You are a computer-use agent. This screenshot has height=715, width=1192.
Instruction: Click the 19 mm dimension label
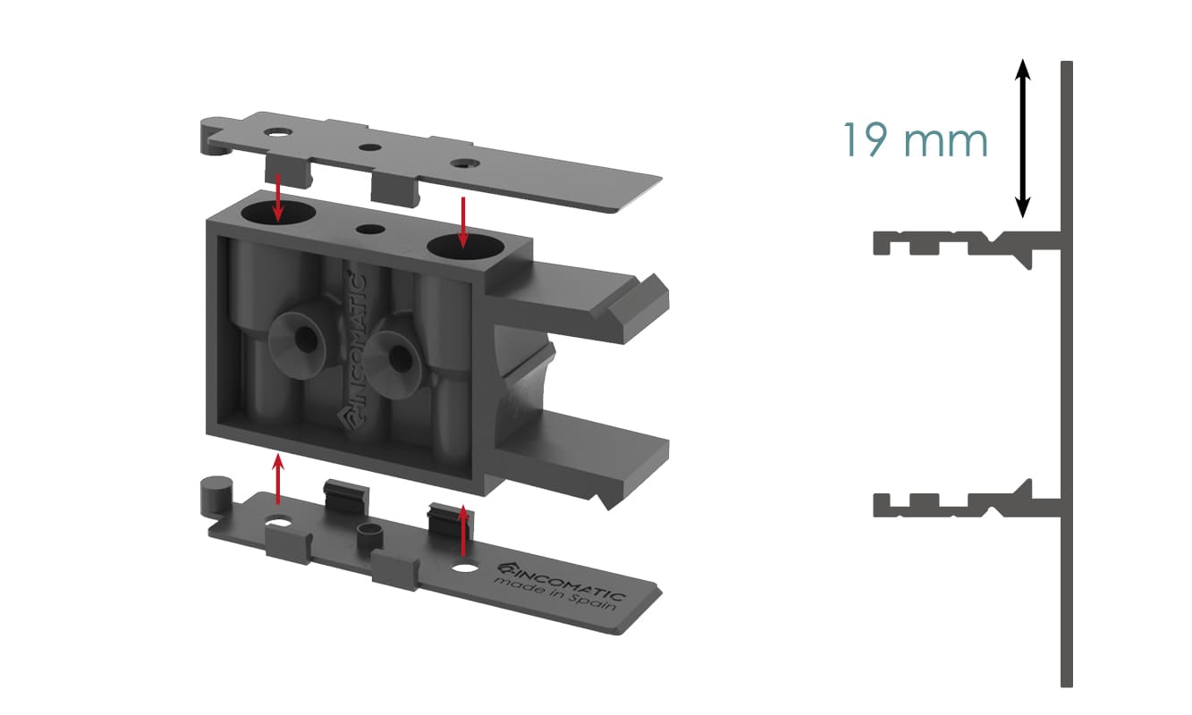coord(916,139)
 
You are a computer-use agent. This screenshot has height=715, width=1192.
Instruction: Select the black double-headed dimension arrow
coord(1022,139)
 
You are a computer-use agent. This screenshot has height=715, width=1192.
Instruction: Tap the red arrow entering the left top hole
coord(277,197)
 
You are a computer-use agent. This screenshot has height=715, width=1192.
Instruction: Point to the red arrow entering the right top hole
coord(463,223)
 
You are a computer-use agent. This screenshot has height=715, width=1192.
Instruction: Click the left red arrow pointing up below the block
coord(277,479)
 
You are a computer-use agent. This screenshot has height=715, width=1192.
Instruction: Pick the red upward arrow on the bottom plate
coord(463,530)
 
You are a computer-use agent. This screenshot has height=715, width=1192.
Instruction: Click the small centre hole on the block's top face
coord(370,230)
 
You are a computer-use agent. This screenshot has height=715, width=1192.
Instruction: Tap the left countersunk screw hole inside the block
coord(306,340)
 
